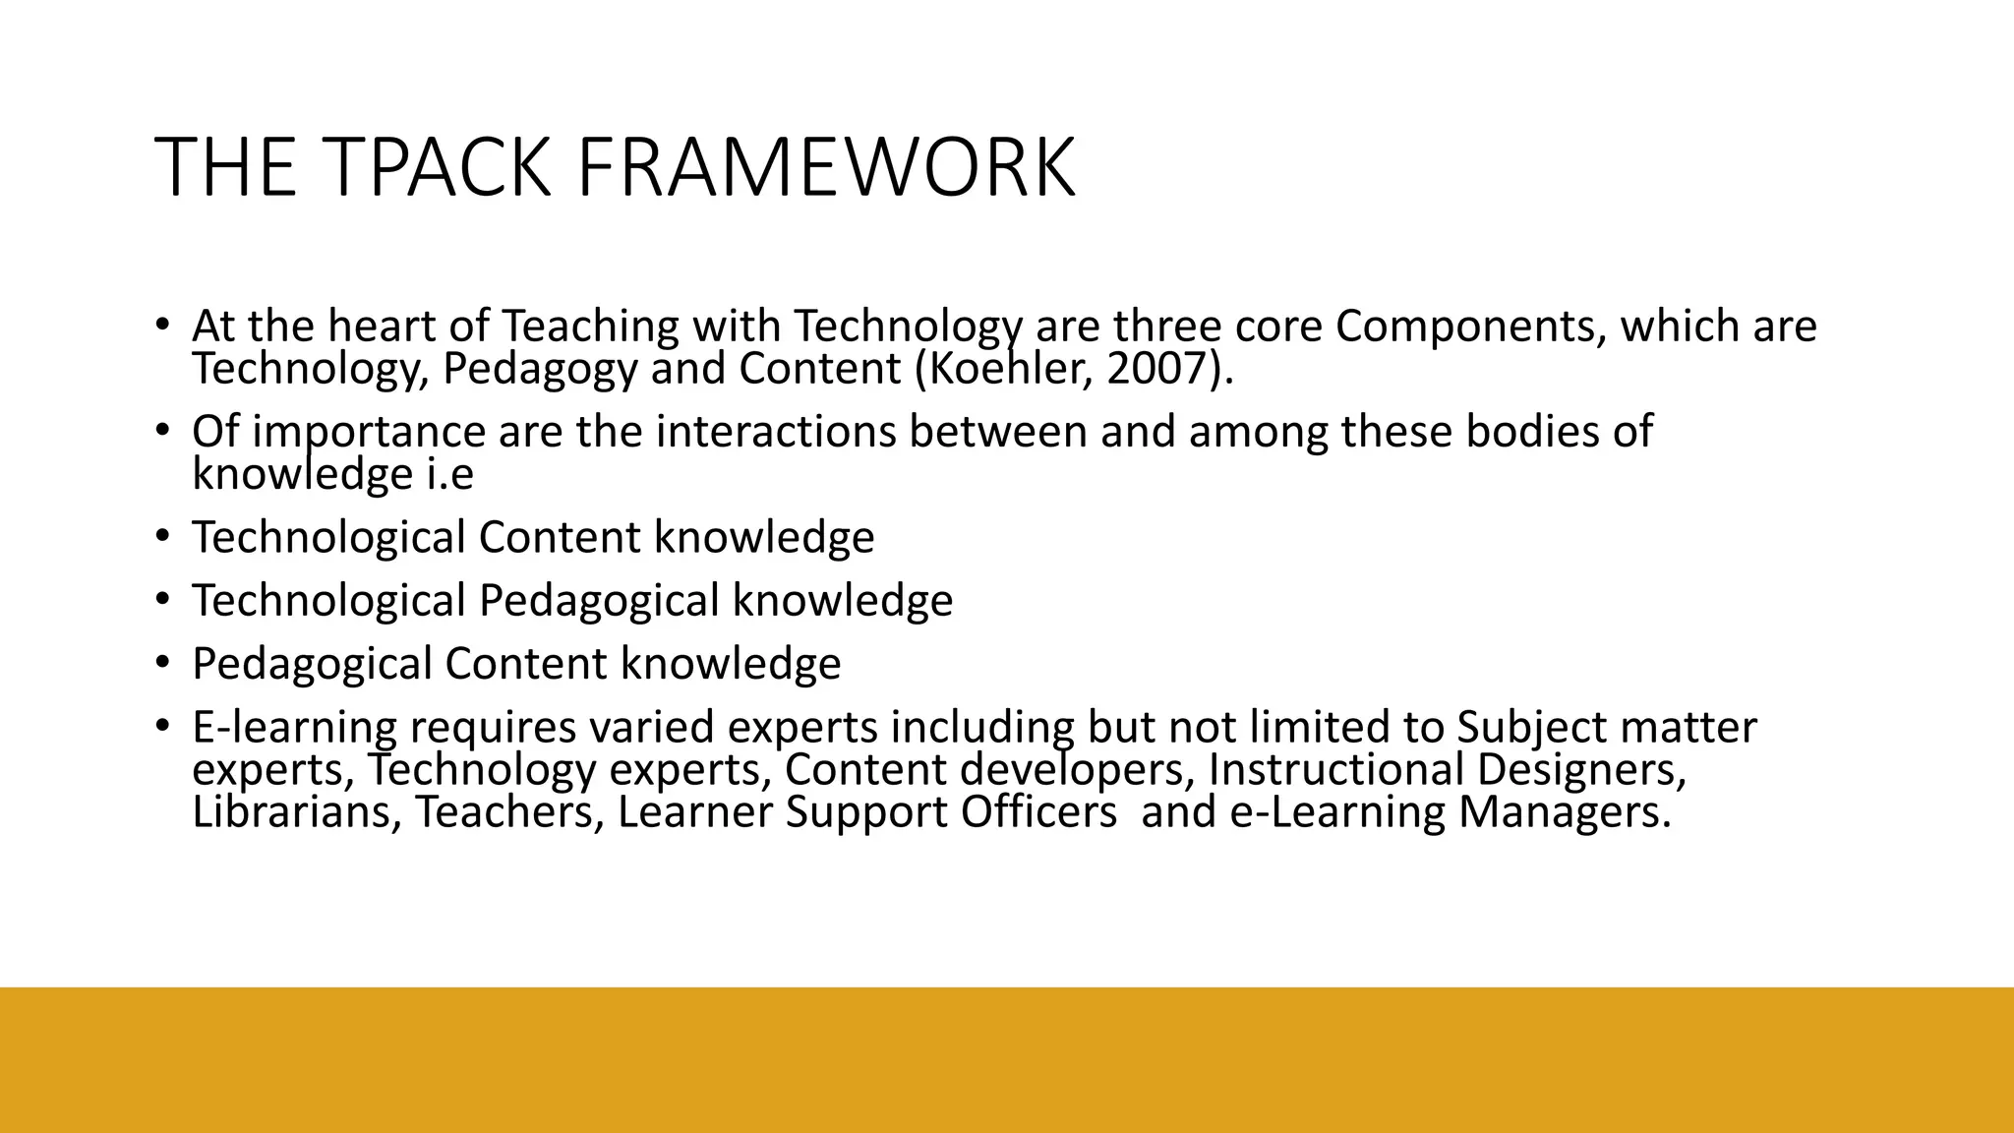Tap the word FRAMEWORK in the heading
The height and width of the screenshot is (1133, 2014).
coord(825,168)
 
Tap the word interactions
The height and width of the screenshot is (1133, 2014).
coord(776,432)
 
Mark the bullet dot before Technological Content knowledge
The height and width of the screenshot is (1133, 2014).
coord(163,537)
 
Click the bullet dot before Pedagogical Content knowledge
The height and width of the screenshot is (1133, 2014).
coord(163,663)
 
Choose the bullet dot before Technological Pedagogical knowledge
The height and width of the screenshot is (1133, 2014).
coord(163,600)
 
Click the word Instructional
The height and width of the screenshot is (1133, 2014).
coord(1335,769)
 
